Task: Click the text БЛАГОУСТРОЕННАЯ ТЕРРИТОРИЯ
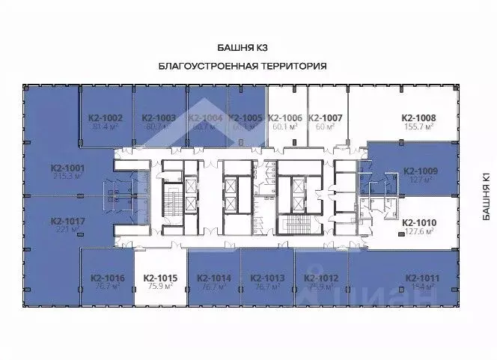243,66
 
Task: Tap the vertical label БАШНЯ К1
486,197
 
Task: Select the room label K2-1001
68,168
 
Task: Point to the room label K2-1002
105,118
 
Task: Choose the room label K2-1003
159,118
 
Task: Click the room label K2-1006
284,118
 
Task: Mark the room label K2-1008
418,118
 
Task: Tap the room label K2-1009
420,171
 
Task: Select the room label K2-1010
419,222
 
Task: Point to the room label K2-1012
321,278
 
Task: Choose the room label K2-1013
267,278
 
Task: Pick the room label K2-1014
213,278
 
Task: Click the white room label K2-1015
159,278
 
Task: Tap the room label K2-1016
106,278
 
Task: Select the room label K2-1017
68,221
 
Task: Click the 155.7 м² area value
418,128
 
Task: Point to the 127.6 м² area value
419,232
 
